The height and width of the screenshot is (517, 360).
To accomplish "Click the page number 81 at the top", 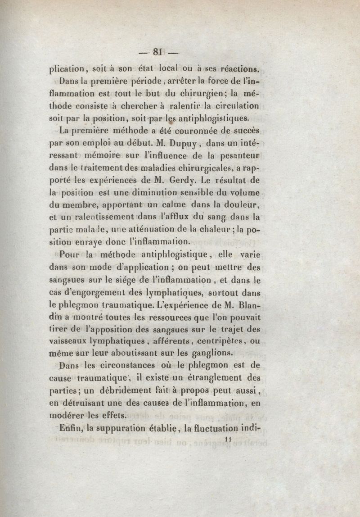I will [157, 51].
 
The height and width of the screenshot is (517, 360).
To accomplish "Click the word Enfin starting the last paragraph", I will [69, 426].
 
